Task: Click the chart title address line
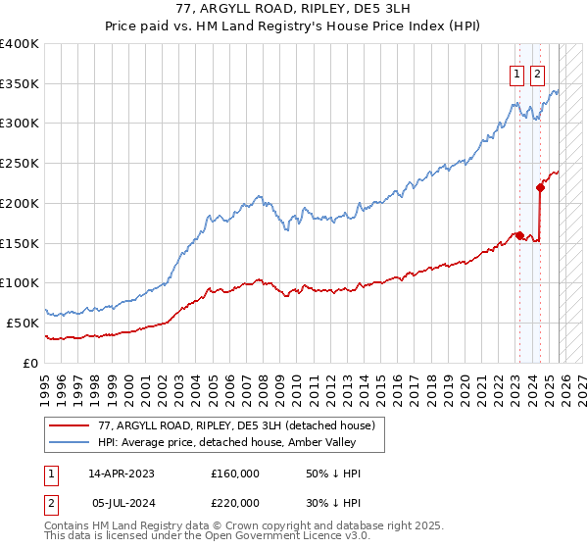pos(293,8)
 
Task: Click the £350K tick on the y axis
pos(20,84)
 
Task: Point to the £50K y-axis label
pos(23,323)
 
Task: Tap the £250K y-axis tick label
pos(20,164)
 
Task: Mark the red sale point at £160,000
pos(519,235)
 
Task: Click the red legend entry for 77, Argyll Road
pos(236,425)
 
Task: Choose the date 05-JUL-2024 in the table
pos(121,503)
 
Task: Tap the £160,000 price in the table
pos(235,474)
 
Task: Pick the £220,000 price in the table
pos(235,503)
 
